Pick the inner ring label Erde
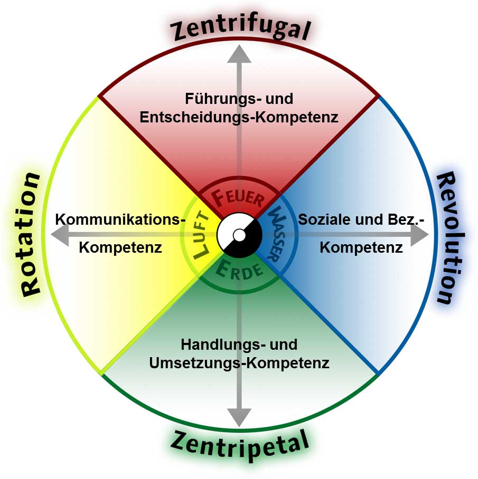pyautogui.click(x=239, y=271)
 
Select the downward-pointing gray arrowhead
pyautogui.click(x=239, y=417)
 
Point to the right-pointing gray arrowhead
pyautogui.click(x=418, y=236)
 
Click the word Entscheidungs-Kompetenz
pyautogui.click(x=239, y=117)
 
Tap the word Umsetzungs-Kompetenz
pyautogui.click(x=239, y=363)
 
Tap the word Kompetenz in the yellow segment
pyautogui.click(x=120, y=247)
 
